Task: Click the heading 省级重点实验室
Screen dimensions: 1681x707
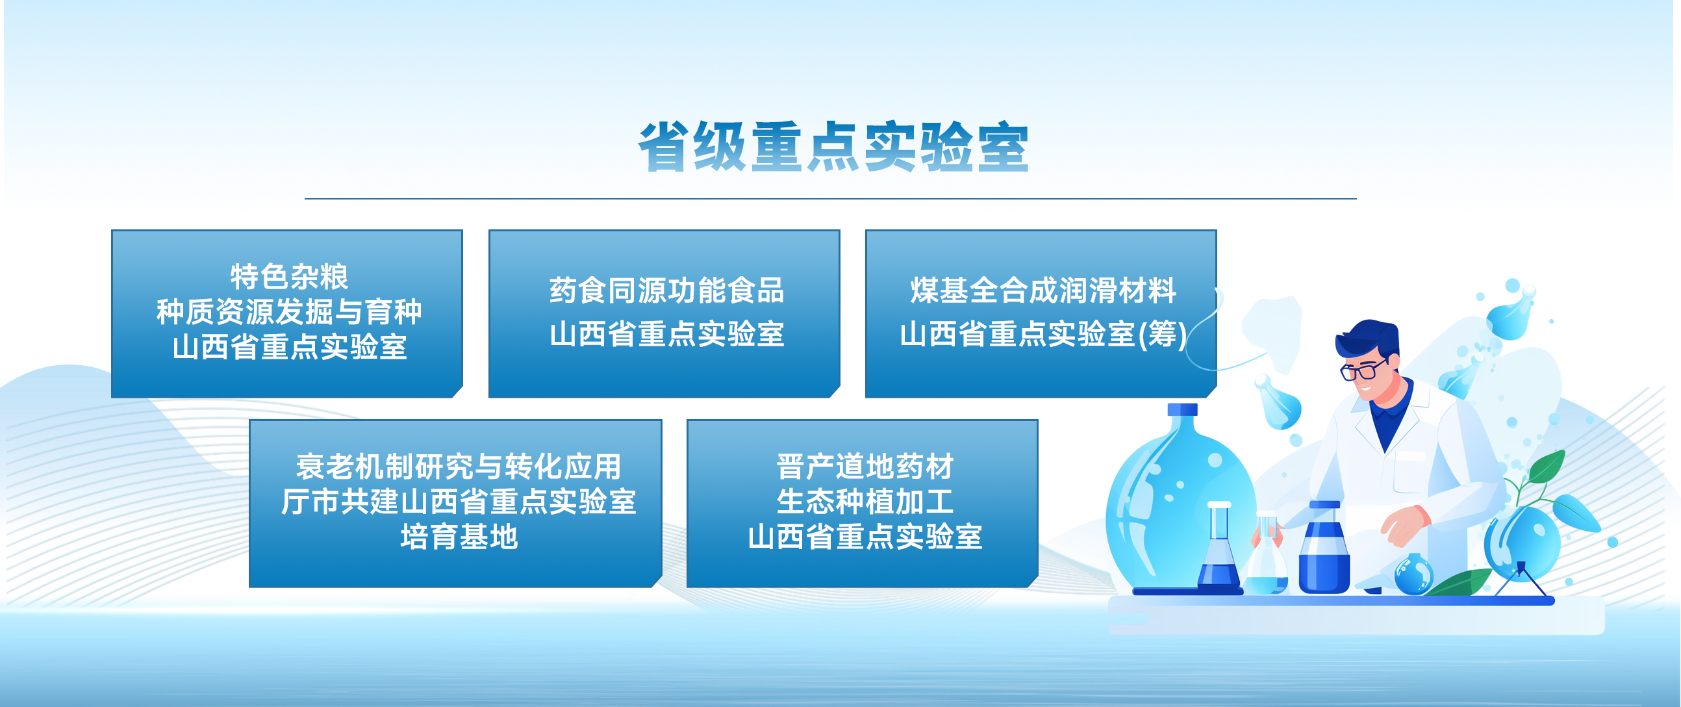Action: tap(833, 147)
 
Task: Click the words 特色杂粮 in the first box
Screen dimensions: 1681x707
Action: tap(289, 277)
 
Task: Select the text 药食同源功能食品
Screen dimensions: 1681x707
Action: tap(666, 290)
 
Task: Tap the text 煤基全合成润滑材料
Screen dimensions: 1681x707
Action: tap(1043, 290)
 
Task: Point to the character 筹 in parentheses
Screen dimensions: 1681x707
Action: tap(1162, 334)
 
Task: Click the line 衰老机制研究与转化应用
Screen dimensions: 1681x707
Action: tap(459, 467)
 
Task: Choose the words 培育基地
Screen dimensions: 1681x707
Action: tap(459, 537)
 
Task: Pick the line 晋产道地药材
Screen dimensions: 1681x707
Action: tap(865, 467)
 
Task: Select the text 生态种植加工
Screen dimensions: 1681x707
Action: tap(865, 502)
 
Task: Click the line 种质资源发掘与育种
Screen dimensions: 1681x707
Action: tap(289, 312)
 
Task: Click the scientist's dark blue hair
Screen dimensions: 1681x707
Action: tap(1368, 338)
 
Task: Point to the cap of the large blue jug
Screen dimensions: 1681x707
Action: tap(1182, 409)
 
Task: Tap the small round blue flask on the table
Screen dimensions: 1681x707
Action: tap(1413, 574)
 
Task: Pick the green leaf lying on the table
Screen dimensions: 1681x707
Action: tap(1459, 582)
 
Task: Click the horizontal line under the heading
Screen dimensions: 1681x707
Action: tap(830, 198)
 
